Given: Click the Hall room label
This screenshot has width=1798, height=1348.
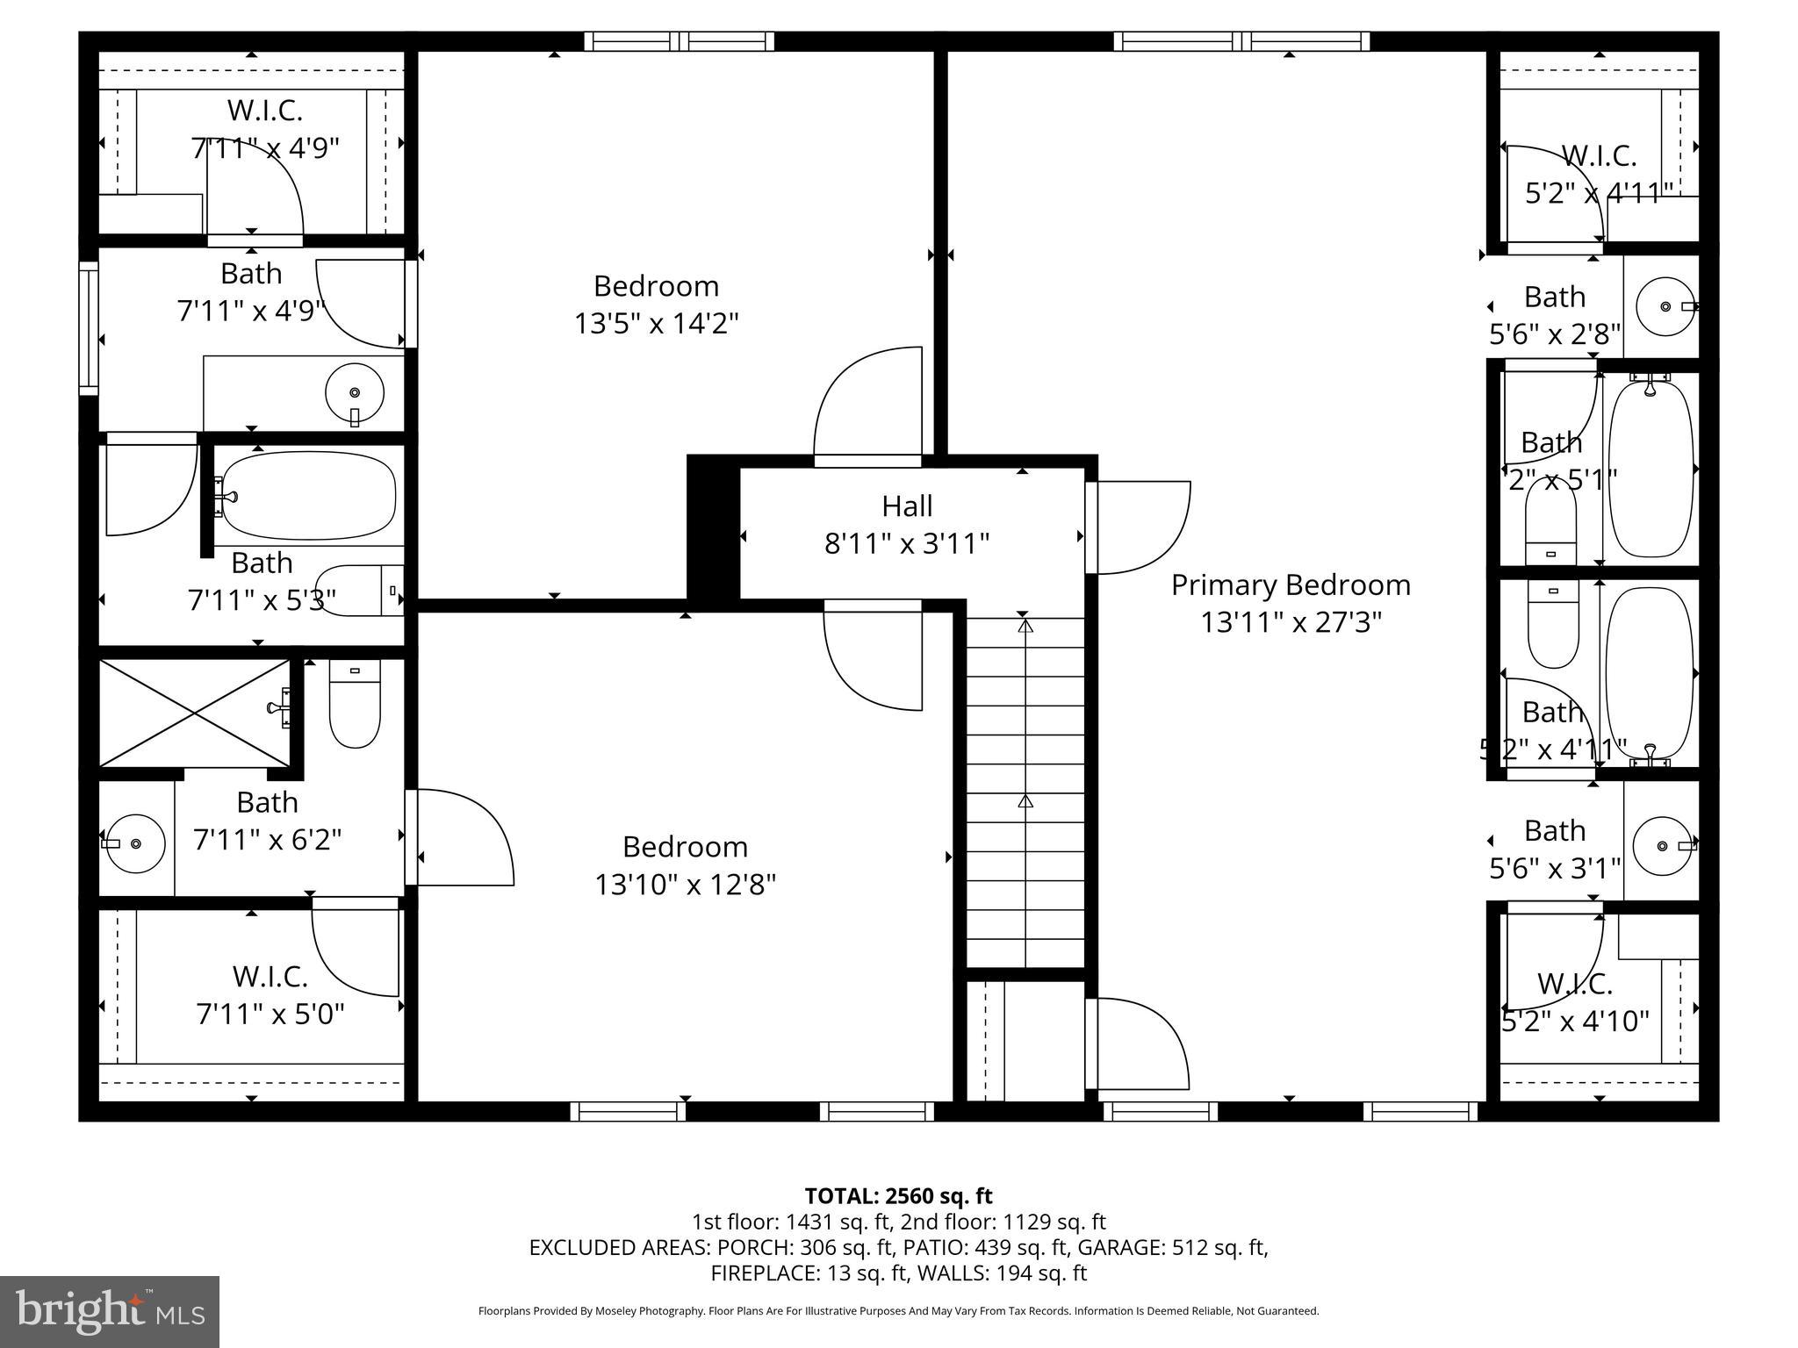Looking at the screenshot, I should click(x=907, y=506).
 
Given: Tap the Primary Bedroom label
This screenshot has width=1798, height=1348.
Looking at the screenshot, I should click(x=1291, y=585).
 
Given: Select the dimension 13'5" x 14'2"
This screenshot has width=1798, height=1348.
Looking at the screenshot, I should click(x=656, y=324).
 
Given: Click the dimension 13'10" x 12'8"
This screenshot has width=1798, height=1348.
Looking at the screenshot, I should click(x=685, y=885).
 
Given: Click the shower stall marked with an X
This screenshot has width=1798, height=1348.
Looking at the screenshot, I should click(x=194, y=713).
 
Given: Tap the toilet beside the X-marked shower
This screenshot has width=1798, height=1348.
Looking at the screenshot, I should click(x=355, y=705).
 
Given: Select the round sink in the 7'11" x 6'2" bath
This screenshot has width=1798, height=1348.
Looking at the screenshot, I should click(x=135, y=843).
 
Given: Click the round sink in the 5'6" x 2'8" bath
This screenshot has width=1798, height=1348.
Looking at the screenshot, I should click(x=1665, y=306).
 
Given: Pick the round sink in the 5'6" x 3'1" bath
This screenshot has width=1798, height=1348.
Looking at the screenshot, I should click(x=1662, y=846).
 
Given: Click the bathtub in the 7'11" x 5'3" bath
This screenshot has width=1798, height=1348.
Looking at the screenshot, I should click(x=307, y=496).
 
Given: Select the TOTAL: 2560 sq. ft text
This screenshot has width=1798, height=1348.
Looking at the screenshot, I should click(x=898, y=1196).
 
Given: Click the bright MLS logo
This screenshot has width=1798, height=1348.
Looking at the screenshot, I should click(x=110, y=1312).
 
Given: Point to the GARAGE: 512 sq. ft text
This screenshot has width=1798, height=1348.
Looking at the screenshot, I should click(x=1172, y=1247).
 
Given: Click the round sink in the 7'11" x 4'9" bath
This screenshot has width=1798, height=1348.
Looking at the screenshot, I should click(x=355, y=393).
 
